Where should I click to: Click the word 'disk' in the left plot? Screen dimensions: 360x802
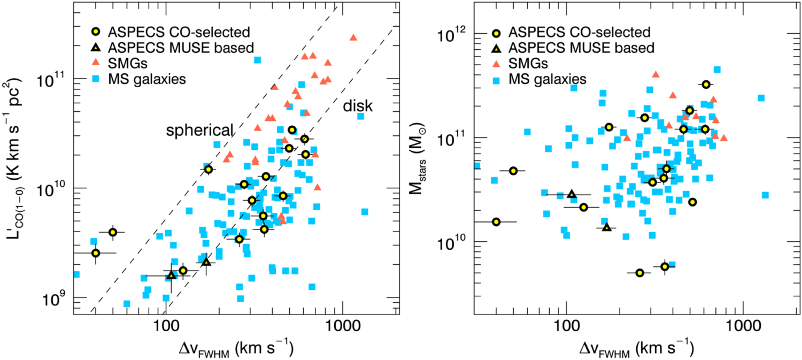point(358,106)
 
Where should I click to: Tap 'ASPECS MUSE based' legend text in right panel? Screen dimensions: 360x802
point(582,48)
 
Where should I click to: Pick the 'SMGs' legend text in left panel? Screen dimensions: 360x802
point(127,64)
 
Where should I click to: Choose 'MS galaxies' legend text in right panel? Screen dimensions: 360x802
point(547,79)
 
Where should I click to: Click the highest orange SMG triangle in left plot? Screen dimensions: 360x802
point(353,37)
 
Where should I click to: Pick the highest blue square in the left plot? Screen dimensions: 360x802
point(257,60)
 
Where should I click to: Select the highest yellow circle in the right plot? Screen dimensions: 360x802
point(706,85)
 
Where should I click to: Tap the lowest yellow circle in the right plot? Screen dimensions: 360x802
point(639,273)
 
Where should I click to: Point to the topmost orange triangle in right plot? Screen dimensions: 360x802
point(656,74)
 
